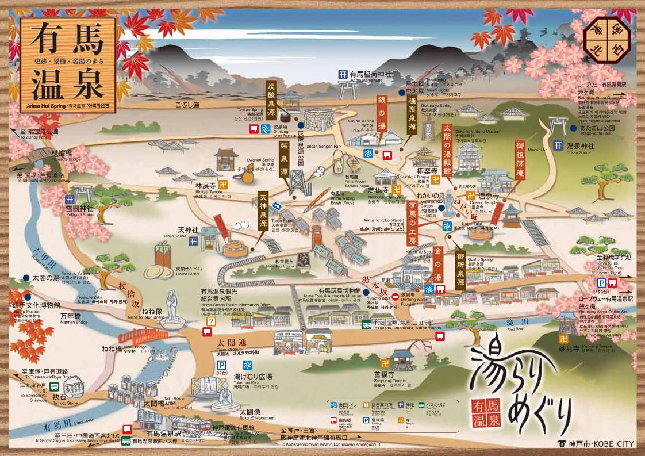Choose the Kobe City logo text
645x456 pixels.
coord(596,443)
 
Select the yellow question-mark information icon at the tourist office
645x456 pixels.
coord(211,322)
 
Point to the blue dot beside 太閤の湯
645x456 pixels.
coord(26,278)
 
